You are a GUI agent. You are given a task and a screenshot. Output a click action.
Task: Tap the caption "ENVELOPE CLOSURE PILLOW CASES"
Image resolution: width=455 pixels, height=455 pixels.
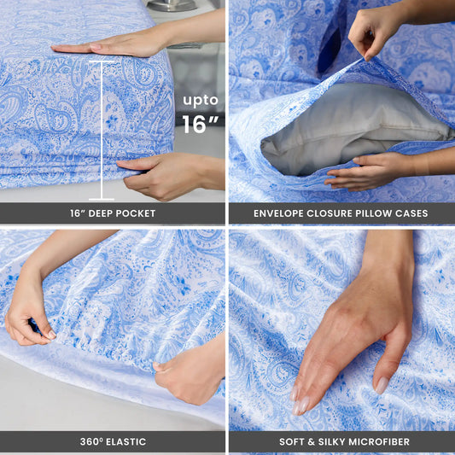(341, 213)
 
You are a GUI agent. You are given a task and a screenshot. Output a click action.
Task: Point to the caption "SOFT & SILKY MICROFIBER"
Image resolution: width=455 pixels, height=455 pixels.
(341, 441)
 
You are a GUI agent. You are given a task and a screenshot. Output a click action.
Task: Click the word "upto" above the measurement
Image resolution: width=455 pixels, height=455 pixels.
(201, 100)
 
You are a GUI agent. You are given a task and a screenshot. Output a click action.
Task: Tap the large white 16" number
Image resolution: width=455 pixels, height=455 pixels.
(200, 125)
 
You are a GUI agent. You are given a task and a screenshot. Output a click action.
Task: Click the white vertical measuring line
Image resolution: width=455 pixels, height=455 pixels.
(102, 128)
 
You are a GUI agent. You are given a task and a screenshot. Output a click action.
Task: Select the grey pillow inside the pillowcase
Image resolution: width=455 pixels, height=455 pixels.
(350, 128)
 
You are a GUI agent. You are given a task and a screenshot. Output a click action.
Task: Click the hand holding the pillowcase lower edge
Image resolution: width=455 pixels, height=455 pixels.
(363, 171)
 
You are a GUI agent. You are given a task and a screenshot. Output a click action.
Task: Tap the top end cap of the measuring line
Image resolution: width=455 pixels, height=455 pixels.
(102, 61)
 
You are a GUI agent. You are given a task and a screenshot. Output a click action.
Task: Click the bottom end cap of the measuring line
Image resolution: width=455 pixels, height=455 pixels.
(102, 199)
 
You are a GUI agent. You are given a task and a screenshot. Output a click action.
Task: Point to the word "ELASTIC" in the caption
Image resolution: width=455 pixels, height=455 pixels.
(123, 441)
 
